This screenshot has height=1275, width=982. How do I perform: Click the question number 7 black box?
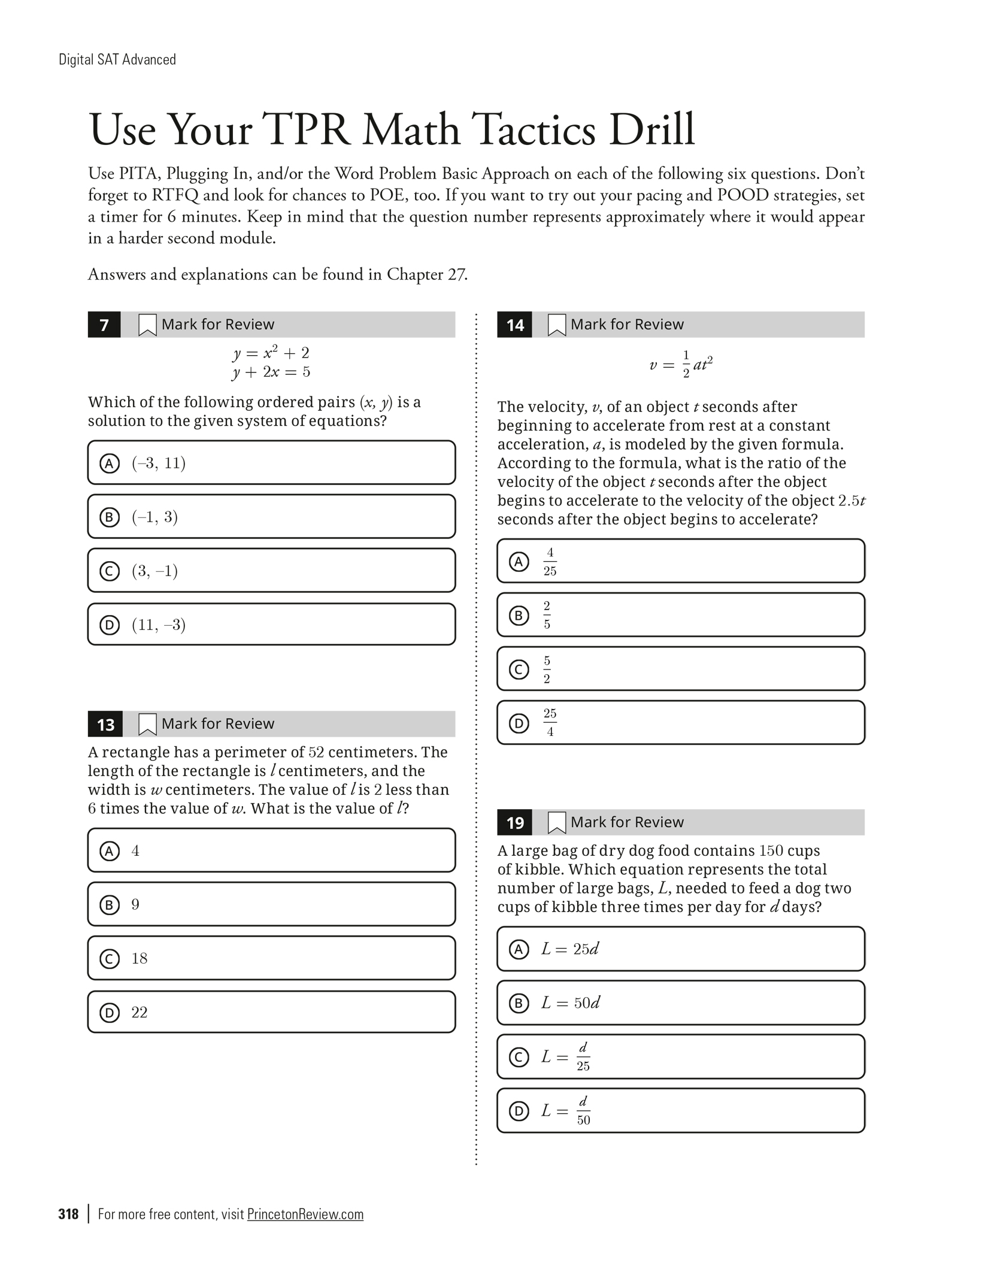coord(104,325)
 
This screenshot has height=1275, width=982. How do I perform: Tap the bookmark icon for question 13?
coord(147,724)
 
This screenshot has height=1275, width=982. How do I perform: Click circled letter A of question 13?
coord(109,850)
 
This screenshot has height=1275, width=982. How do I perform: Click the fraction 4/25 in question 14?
coord(550,561)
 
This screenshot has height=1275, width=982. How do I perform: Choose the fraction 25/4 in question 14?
coord(550,723)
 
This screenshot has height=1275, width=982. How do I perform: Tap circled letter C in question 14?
coord(519,669)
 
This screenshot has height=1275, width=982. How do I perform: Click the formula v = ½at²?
coord(681,365)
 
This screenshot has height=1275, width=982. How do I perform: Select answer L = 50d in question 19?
coord(570,1003)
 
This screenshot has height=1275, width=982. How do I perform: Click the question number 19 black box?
coord(515,823)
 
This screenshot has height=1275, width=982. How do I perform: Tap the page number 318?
coord(68,1214)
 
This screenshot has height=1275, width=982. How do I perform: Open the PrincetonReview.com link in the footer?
coord(305,1214)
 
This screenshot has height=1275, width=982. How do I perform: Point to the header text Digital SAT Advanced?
coord(117,59)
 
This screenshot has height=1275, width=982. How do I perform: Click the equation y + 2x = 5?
coord(271,372)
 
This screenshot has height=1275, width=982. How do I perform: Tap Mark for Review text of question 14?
coord(626,325)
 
